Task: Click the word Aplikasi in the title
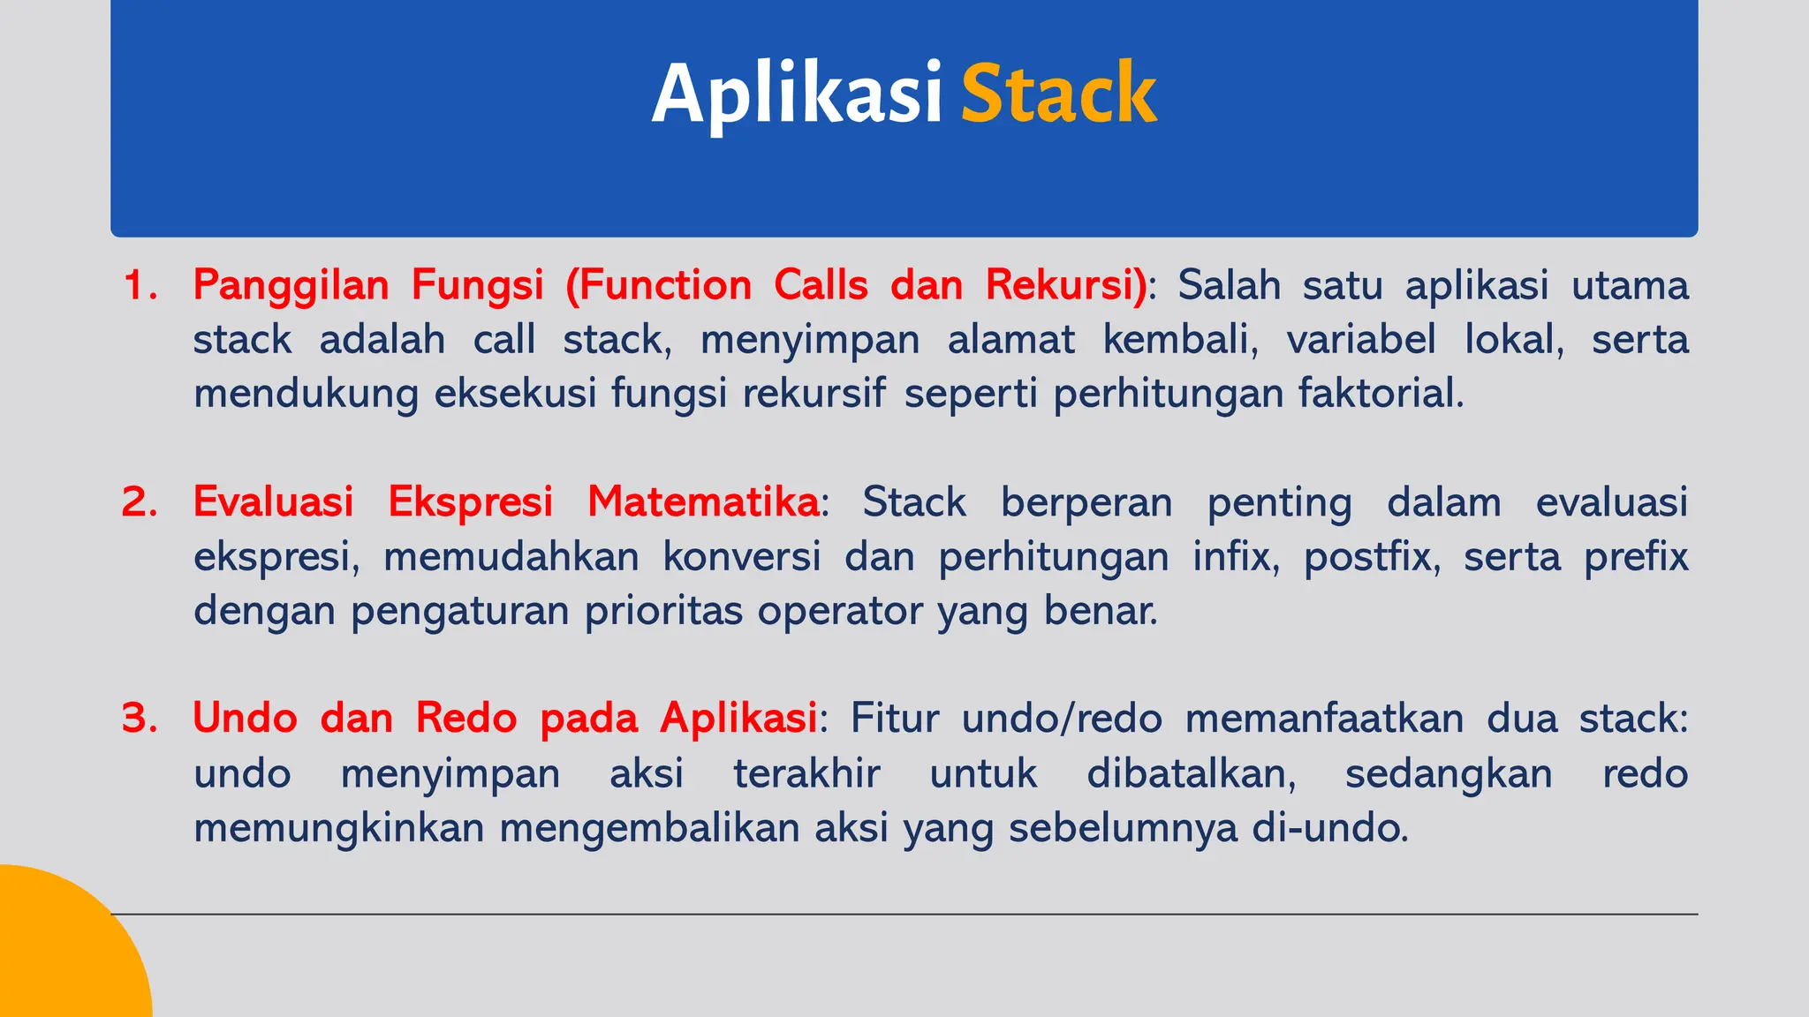point(797,94)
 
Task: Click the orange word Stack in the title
point(1058,94)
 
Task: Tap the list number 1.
point(140,285)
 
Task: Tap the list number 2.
point(140,501)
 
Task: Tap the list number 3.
point(140,718)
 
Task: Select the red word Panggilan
point(291,286)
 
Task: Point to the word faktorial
point(1381,393)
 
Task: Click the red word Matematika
point(703,501)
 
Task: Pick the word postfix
point(1371,557)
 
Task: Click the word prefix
point(1635,557)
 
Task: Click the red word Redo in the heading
point(465,718)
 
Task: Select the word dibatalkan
point(1191,773)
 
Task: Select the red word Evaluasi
point(273,501)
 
